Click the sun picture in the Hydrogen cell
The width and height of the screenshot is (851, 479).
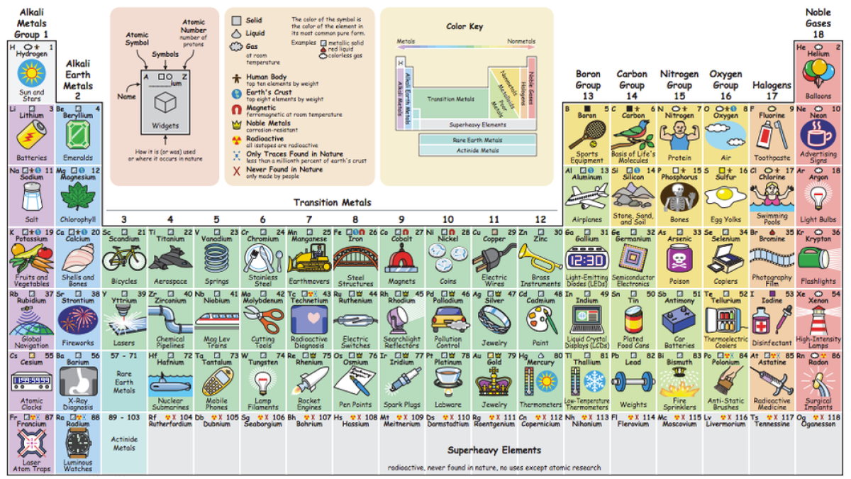pos(31,73)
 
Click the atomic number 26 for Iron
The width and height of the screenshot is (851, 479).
pos(373,232)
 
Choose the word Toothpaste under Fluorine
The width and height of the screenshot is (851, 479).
pos(772,158)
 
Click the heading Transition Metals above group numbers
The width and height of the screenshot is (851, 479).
pos(333,203)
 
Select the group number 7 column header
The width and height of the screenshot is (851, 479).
pos(309,219)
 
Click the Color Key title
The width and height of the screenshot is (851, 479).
pos(465,26)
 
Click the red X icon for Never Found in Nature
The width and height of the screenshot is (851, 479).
pos(236,170)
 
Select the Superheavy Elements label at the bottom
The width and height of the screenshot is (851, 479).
pos(494,450)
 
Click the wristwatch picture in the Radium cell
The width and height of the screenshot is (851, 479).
pos(78,443)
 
